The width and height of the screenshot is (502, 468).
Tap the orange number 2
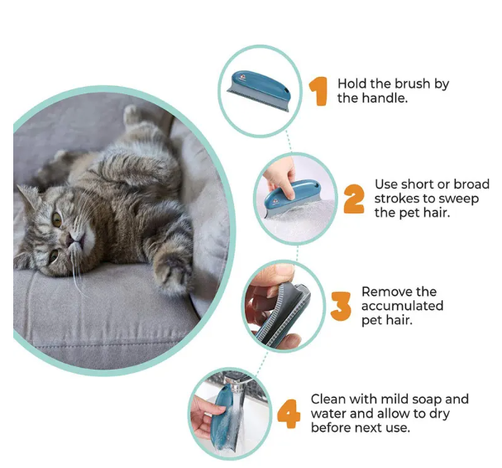[354, 198]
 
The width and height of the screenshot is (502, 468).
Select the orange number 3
[340, 306]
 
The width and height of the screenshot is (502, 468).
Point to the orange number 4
[288, 413]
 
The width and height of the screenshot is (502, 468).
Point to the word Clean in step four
[328, 399]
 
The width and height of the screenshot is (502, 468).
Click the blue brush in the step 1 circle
[260, 86]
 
